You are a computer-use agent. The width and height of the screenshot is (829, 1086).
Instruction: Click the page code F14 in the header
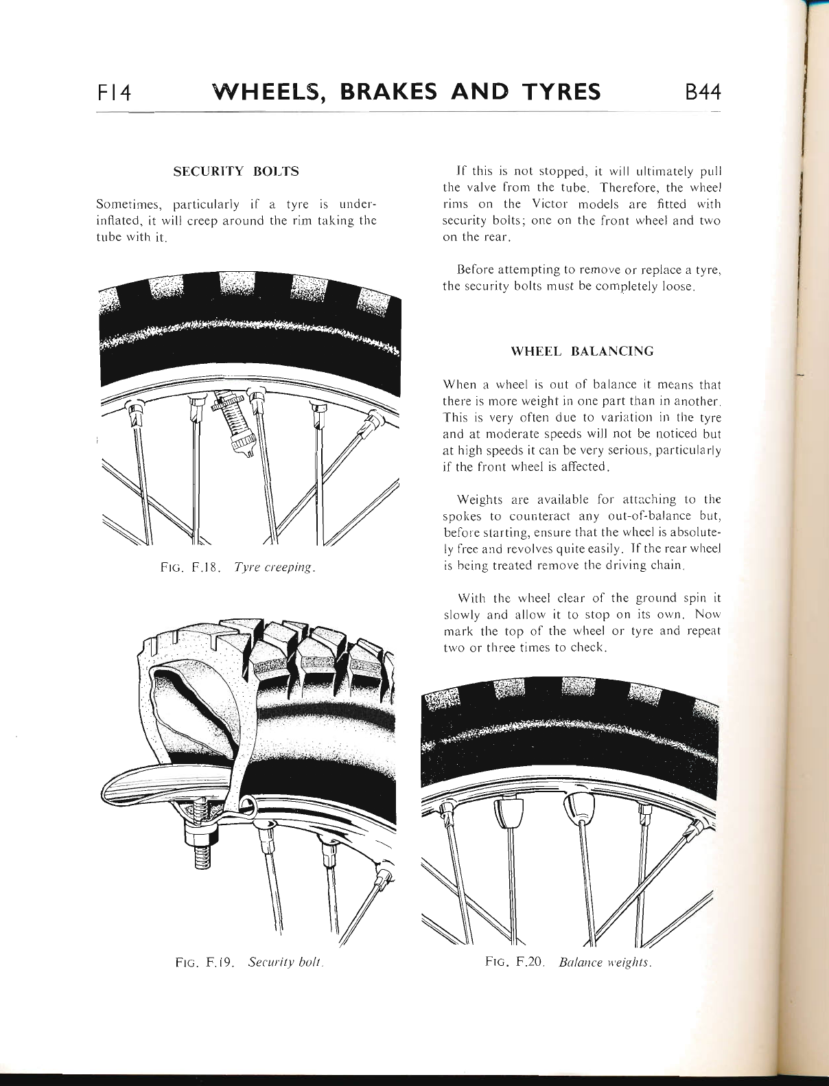point(118,92)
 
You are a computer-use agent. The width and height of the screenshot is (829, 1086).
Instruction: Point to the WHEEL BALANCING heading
point(583,351)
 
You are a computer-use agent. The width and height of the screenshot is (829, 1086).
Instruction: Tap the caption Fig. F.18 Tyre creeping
point(237,568)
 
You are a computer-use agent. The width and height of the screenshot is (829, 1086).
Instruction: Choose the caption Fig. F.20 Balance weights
point(567,962)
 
